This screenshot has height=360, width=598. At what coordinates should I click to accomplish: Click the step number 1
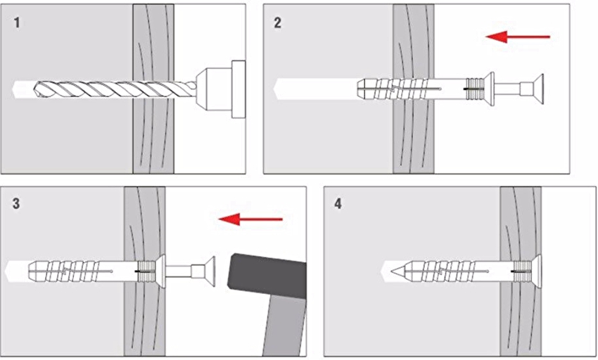click(17, 22)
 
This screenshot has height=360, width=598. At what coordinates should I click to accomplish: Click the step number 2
click(277, 22)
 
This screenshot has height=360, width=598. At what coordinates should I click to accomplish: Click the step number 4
click(338, 205)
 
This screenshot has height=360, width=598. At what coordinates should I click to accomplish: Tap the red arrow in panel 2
click(518, 36)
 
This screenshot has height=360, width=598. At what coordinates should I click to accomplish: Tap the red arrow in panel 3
click(250, 219)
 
